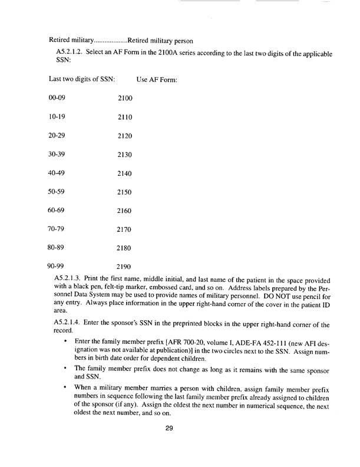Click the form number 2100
click(x=125, y=98)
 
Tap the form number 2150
click(x=125, y=192)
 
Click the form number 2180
click(x=125, y=248)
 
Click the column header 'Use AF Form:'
click(x=157, y=79)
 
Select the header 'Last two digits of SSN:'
click(x=81, y=79)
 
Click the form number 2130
click(x=125, y=154)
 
